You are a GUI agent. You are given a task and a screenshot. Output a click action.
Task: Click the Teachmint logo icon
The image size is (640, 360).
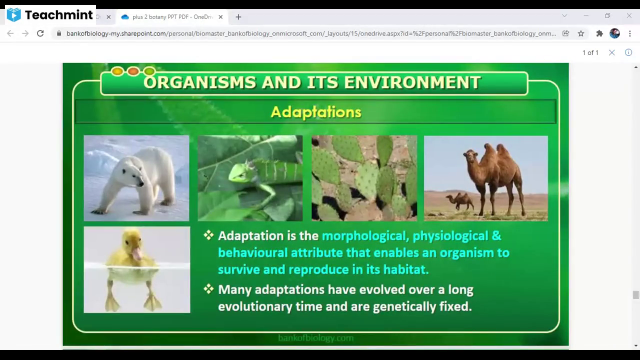13,15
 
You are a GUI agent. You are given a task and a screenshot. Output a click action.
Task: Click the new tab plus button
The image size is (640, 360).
238,17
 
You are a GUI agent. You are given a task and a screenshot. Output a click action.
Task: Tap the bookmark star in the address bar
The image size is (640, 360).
581,33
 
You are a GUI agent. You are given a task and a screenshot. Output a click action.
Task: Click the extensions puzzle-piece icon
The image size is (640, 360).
599,33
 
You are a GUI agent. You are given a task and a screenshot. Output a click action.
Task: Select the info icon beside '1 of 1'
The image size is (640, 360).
628,52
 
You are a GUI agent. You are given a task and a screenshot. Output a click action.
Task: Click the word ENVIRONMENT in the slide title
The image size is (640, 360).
412,82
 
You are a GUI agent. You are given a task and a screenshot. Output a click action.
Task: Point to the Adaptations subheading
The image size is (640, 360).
315,111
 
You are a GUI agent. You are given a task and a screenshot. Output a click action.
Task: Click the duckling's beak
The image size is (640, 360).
136,253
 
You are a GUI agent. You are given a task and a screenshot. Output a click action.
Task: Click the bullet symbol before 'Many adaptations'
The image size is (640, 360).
208,289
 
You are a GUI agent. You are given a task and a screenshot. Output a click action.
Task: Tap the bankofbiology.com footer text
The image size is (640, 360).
315,338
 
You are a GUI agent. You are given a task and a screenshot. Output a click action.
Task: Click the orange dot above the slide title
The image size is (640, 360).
133,71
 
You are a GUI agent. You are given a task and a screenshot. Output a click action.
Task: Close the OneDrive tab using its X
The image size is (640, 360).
220,17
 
